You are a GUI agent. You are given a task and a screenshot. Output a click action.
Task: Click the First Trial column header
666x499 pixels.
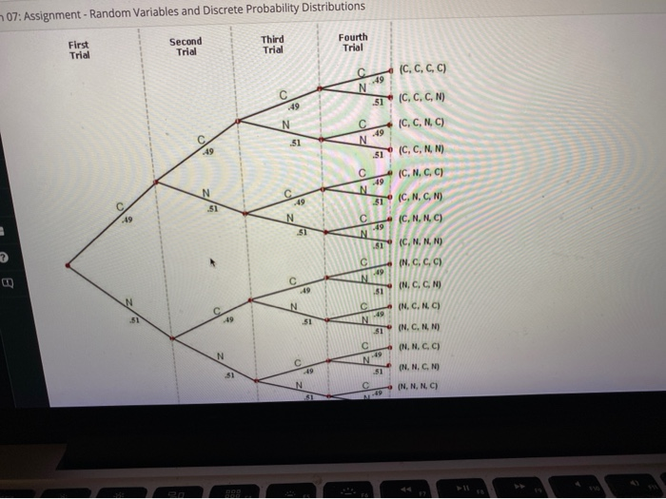pos(79,49)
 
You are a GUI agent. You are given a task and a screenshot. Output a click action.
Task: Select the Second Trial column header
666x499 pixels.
pos(186,47)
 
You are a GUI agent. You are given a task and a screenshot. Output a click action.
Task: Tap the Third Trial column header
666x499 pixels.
pos(272,44)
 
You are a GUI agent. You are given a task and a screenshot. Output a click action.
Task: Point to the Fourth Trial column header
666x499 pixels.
pos(353,43)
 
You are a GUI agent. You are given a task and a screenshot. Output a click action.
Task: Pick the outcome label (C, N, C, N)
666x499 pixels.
pos(423,198)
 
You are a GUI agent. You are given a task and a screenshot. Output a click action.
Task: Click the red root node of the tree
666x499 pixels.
pos(67,265)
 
